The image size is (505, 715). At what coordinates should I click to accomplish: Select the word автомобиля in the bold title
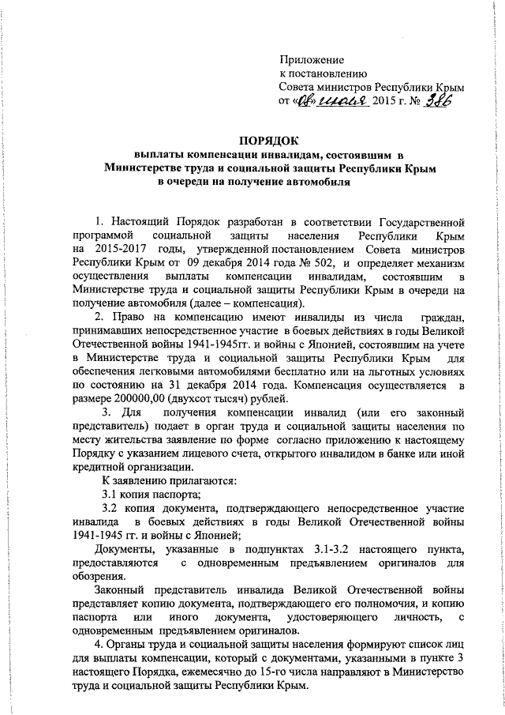point(312,183)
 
